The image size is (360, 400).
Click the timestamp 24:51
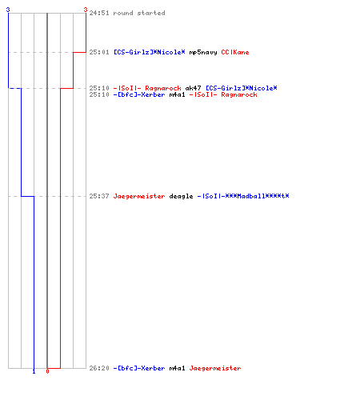tap(99, 13)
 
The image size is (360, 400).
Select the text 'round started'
tap(139, 13)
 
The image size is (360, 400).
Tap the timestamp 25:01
tap(99, 52)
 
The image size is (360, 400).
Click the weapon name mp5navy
tap(203, 53)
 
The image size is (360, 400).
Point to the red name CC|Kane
tap(235, 52)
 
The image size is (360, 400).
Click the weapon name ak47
tap(193, 88)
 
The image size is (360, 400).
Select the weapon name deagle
tap(181, 197)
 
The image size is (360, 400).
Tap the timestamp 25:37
tap(99, 196)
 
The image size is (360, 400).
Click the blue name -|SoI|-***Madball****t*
tap(243, 196)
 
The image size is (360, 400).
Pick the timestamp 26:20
tap(99, 368)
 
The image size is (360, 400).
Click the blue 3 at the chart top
tap(8, 10)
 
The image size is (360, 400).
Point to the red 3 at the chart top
tap(86, 10)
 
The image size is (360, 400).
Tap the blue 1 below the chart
tap(34, 371)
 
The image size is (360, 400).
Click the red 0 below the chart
tap(47, 371)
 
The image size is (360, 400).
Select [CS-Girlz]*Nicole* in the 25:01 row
tap(150, 52)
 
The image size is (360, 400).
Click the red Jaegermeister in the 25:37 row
tap(139, 197)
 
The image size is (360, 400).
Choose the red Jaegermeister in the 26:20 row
tap(215, 369)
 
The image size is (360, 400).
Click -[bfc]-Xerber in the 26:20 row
tap(139, 368)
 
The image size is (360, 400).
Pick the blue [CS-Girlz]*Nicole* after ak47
tap(242, 88)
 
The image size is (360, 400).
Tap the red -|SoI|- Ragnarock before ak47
tap(147, 88)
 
